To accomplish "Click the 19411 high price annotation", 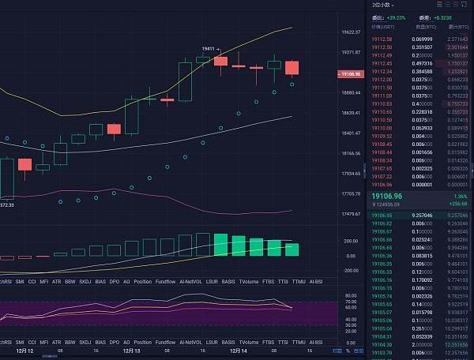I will point(209,49).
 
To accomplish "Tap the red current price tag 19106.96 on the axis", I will point(348,73).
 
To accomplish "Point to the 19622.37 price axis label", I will point(351,32).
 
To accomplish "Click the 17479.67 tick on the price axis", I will point(351,214).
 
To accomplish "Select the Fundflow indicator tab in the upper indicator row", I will point(166,281).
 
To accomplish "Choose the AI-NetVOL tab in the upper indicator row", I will point(192,281).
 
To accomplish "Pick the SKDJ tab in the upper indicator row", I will point(77,281).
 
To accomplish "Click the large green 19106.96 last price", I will point(387,195).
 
